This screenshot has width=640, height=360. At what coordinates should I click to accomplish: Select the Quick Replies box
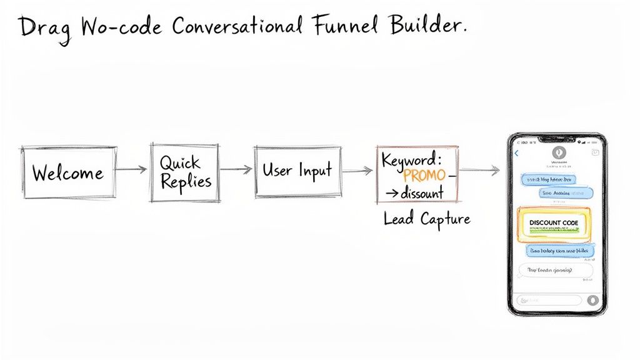(185, 172)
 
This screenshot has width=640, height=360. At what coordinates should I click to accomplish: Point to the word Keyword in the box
(411, 160)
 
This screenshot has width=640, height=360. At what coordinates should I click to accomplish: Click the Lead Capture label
(426, 219)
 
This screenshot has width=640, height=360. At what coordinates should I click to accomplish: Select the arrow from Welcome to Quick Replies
(132, 169)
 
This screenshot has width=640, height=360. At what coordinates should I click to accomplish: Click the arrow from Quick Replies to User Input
(236, 169)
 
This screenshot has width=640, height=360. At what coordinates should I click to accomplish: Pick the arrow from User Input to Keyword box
(358, 170)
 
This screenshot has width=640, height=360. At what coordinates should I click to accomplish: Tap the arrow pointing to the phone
(480, 169)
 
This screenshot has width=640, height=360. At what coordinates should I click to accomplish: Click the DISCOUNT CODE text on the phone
(553, 222)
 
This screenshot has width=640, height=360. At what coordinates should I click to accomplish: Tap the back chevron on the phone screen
(517, 153)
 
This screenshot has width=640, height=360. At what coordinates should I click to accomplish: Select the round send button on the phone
(593, 300)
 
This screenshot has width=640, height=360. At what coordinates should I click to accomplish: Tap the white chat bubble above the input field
(556, 271)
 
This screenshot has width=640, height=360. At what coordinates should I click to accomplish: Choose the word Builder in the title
(432, 26)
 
